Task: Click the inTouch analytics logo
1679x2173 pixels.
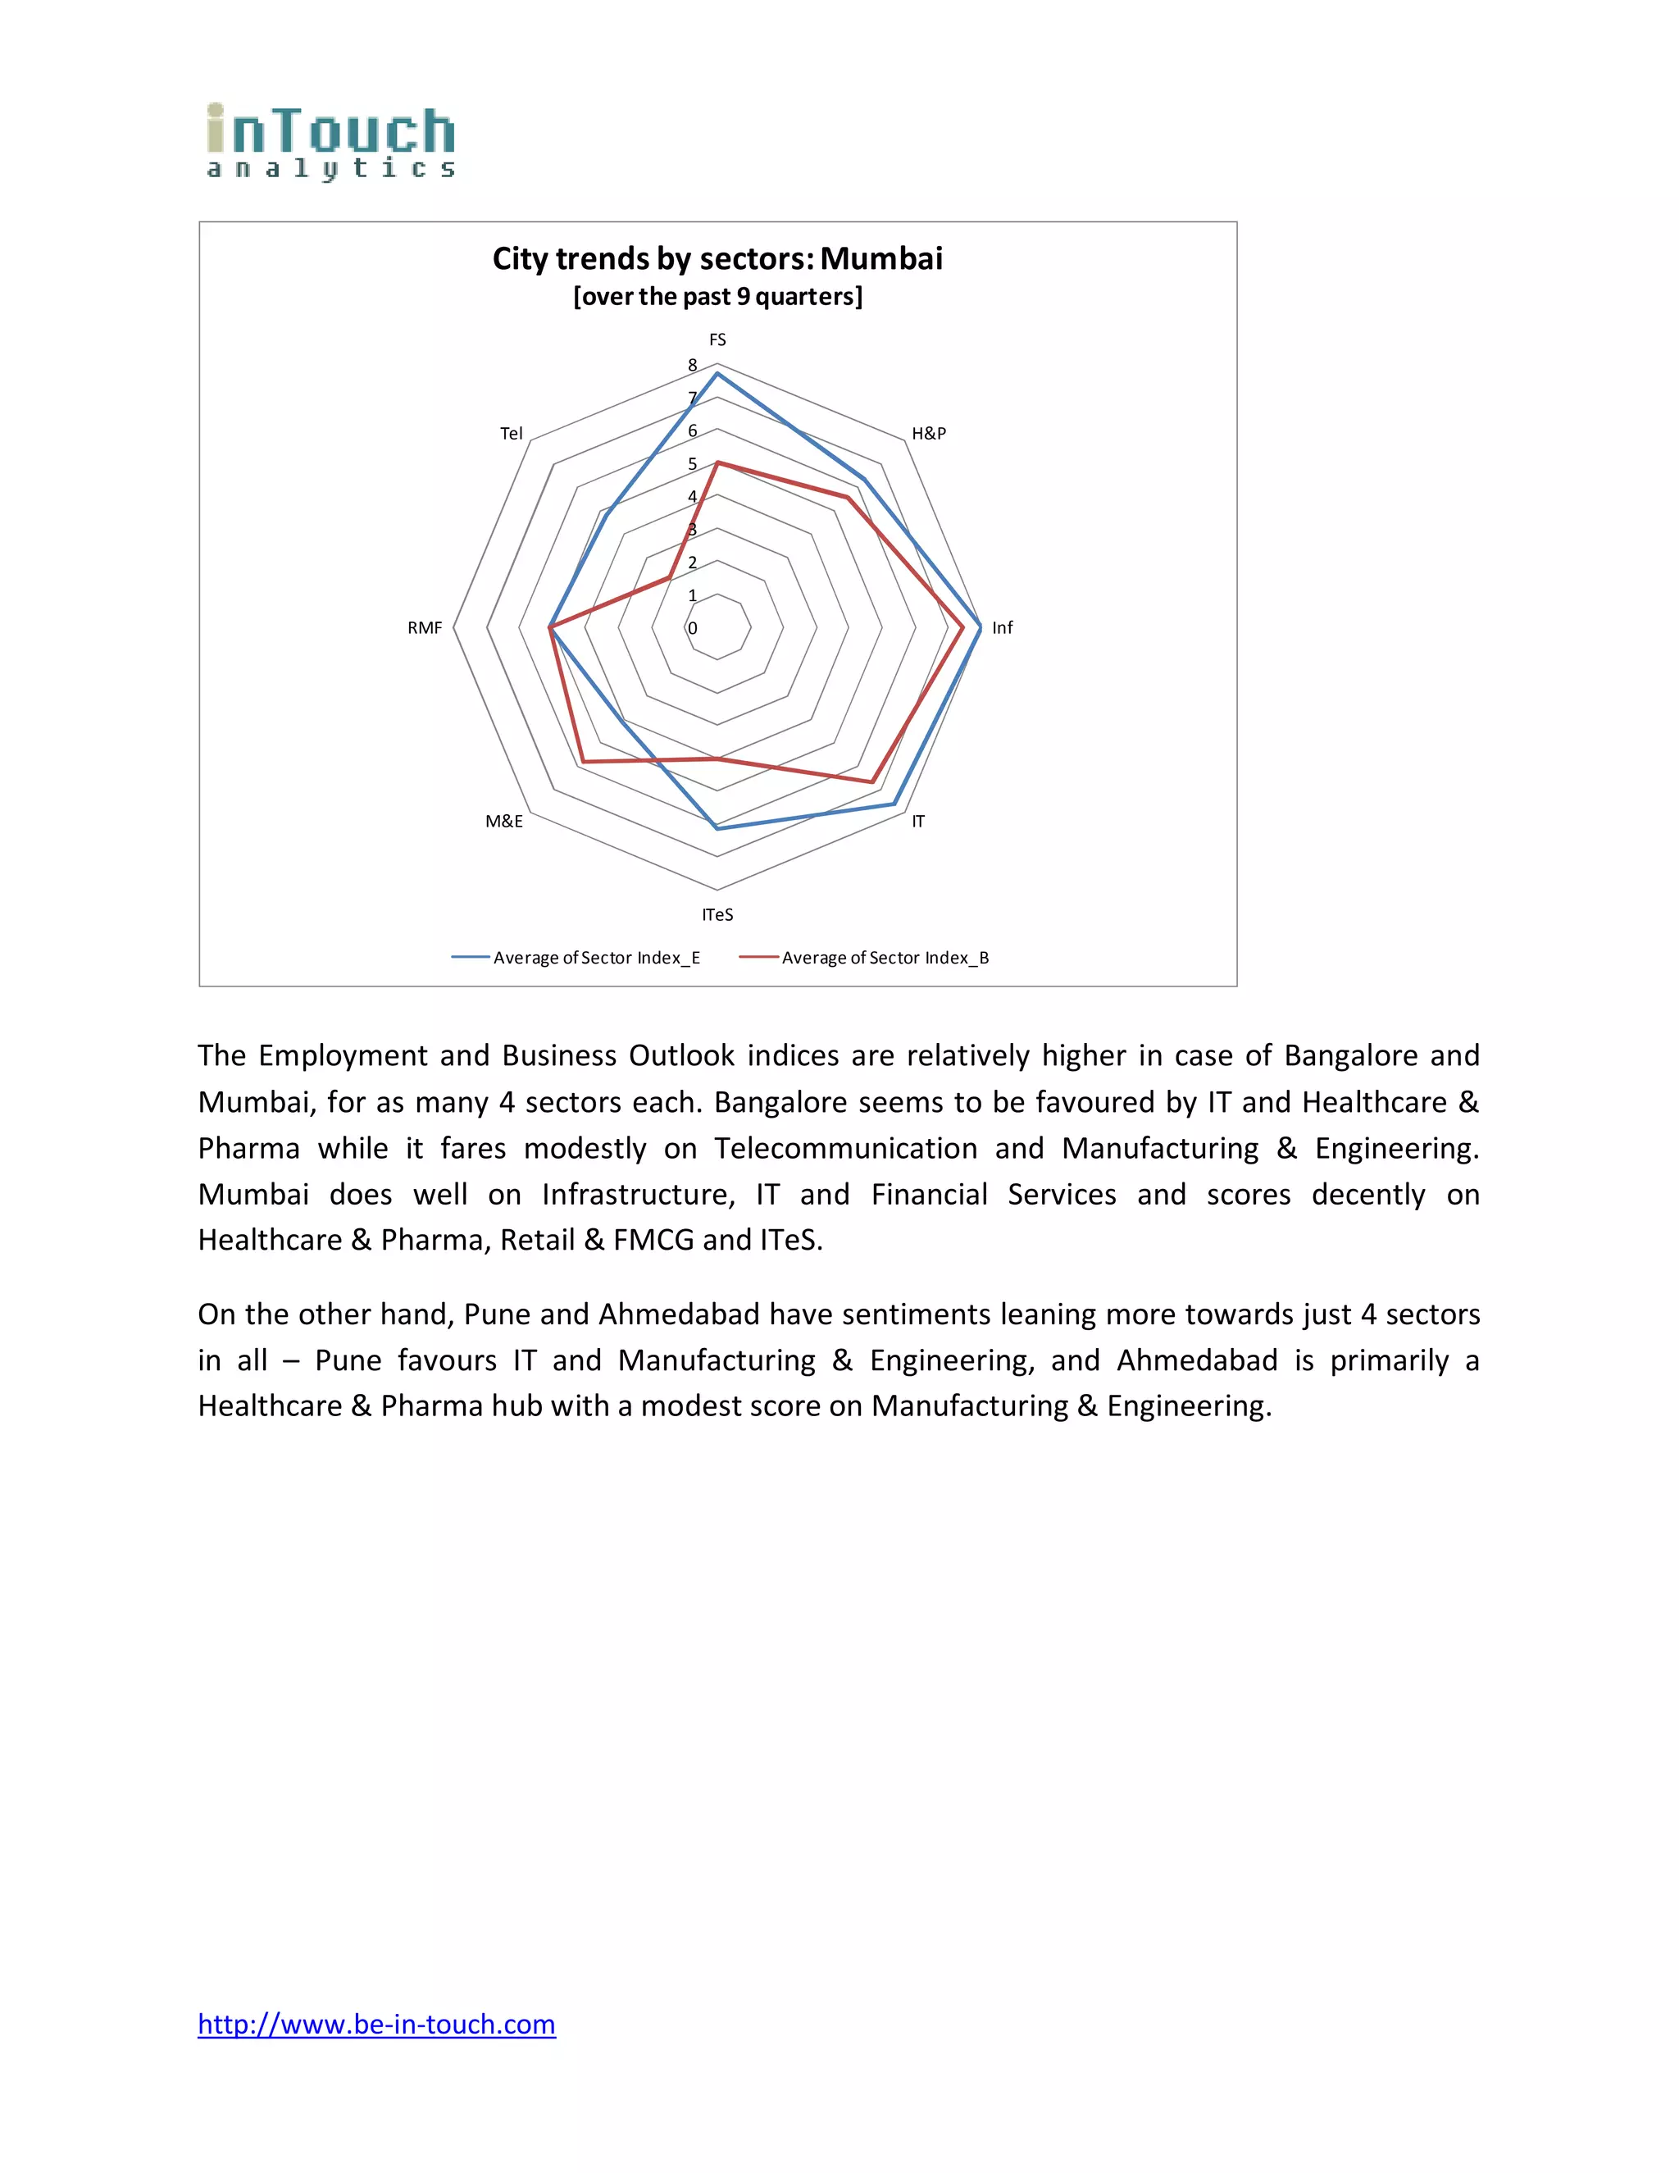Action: (x=330, y=141)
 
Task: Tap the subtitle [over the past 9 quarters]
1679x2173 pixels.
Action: (x=717, y=297)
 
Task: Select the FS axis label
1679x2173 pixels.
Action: (x=717, y=339)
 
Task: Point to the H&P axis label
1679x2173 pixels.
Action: (x=928, y=433)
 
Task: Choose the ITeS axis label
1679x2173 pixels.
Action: (x=717, y=914)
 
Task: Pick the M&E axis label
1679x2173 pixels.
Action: (x=503, y=821)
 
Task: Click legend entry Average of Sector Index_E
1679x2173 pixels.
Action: (x=596, y=957)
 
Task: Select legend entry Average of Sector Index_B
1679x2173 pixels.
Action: (x=885, y=957)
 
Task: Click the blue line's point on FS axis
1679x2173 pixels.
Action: (x=717, y=373)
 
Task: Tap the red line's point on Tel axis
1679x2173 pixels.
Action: (x=668, y=577)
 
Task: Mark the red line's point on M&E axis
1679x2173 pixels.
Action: (x=583, y=762)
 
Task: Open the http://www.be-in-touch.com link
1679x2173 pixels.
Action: (x=376, y=2024)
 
